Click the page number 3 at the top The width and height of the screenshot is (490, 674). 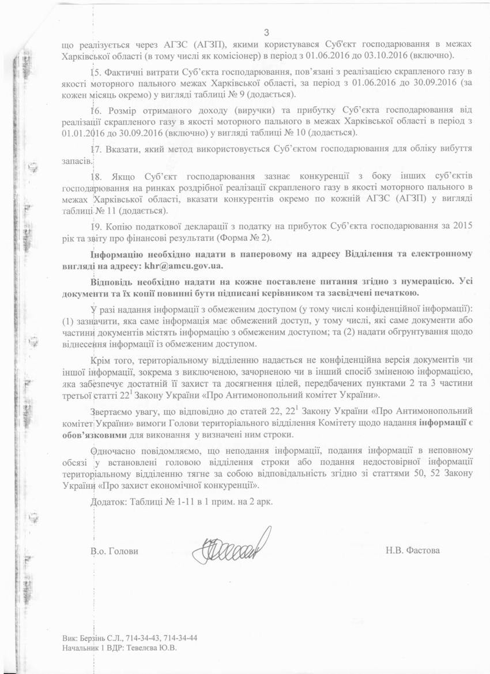pyautogui.click(x=266, y=32)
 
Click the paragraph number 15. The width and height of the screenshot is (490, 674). pyautogui.click(x=96, y=71)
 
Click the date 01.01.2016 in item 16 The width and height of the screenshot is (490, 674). pyautogui.click(x=80, y=132)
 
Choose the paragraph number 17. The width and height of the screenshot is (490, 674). pyautogui.click(x=96, y=149)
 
